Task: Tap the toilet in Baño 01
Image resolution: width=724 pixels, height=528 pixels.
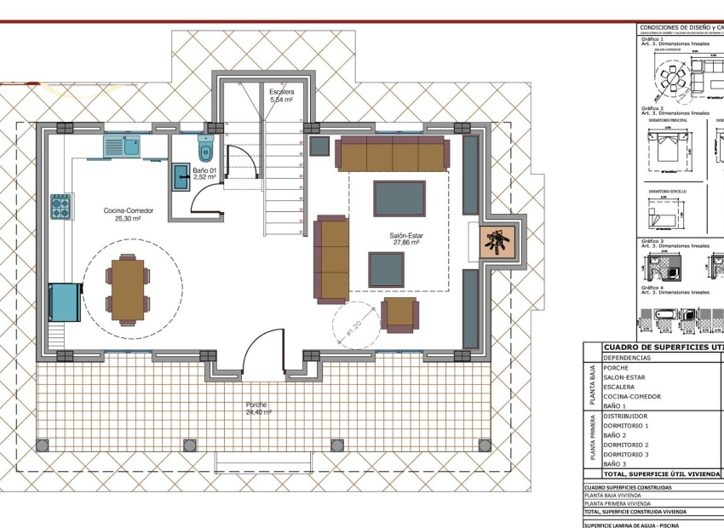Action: tap(204, 150)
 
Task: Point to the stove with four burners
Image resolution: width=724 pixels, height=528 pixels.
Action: tap(60, 206)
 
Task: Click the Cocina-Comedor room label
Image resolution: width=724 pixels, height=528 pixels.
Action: tap(122, 214)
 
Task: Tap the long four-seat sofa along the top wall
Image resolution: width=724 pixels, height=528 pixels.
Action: tap(392, 153)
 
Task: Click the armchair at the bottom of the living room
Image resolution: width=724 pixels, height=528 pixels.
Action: tap(399, 314)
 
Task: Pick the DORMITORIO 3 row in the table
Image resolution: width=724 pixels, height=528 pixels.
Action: tap(626, 454)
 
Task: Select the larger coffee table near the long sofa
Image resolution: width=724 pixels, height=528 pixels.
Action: tap(399, 198)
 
